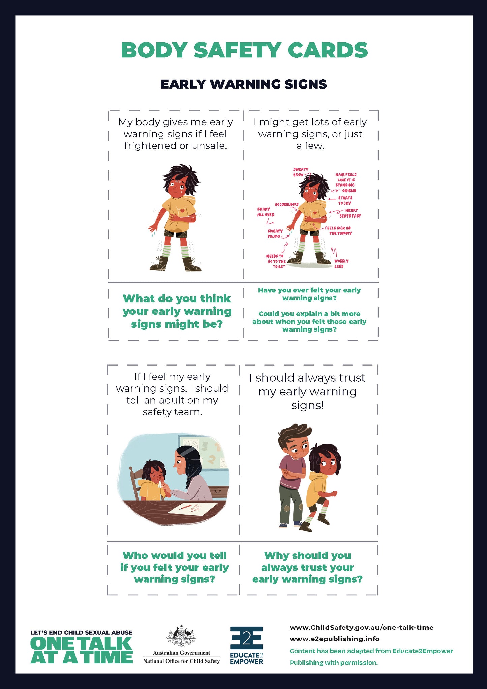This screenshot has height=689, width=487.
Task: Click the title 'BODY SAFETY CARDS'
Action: click(244, 50)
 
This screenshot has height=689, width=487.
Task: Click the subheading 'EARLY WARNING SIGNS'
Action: click(243, 84)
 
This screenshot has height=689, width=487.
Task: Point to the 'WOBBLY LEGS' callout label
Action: click(341, 264)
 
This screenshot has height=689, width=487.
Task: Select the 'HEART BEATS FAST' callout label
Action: click(350, 213)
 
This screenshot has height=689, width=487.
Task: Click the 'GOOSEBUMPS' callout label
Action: click(286, 204)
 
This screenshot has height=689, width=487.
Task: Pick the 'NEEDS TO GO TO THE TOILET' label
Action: click(276, 261)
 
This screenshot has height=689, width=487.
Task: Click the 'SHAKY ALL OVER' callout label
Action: click(266, 212)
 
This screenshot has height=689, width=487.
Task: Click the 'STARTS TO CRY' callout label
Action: click(345, 200)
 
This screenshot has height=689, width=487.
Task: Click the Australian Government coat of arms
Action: click(181, 635)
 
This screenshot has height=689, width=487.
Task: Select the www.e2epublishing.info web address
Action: click(334, 639)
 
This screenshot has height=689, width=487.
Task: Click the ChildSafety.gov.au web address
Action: click(361, 627)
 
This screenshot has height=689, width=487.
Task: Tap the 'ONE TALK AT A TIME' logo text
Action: click(82, 650)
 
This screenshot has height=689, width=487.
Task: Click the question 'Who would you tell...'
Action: click(174, 567)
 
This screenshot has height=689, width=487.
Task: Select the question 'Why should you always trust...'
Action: click(307, 567)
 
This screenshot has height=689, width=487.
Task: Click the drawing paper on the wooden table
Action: click(192, 508)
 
